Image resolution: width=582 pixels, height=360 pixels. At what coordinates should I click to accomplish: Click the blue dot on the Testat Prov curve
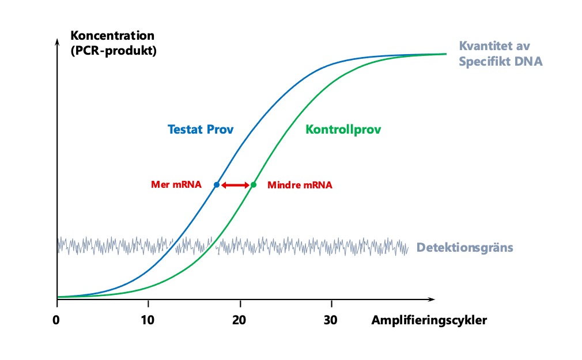(217, 185)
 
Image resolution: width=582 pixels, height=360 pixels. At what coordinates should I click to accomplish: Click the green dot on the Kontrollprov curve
(254, 185)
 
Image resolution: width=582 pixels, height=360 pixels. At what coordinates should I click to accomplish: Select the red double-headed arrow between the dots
(235, 185)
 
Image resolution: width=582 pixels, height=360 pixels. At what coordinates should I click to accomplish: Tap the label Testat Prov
(201, 130)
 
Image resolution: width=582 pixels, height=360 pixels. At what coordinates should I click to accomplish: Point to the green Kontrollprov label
(343, 130)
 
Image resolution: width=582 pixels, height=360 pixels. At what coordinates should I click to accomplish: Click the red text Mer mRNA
(176, 185)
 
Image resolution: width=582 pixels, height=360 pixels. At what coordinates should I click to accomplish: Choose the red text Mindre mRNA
(300, 185)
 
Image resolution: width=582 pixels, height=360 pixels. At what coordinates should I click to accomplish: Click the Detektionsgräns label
(464, 248)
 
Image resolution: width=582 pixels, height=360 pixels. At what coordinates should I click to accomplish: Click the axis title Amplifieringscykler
(429, 320)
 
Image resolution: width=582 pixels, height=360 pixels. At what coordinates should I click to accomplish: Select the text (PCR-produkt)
(114, 50)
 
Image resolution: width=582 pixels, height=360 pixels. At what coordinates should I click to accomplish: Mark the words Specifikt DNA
(500, 60)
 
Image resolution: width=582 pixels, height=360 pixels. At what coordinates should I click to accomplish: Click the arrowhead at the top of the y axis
(56, 42)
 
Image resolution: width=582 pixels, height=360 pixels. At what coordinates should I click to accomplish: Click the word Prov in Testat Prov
(221, 130)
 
